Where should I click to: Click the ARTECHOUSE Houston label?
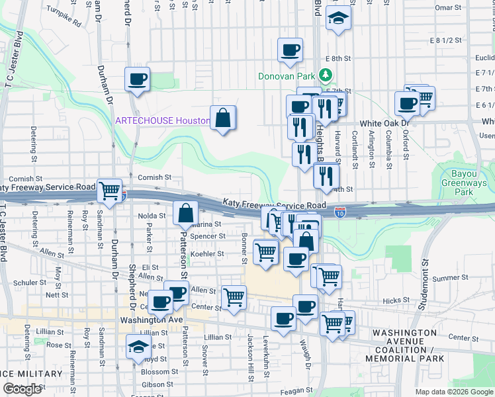[x=162, y=120]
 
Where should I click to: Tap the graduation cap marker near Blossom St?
[x=138, y=346]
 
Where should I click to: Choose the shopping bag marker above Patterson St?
[x=186, y=214]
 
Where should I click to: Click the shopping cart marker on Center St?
[x=234, y=298]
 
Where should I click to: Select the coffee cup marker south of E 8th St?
[x=289, y=50]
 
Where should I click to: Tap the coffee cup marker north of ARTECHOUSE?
[x=137, y=80]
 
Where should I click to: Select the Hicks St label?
[x=396, y=300]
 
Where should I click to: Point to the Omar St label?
[x=449, y=8]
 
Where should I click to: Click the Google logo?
[x=22, y=389]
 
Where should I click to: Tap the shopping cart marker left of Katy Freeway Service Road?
[x=110, y=191]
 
